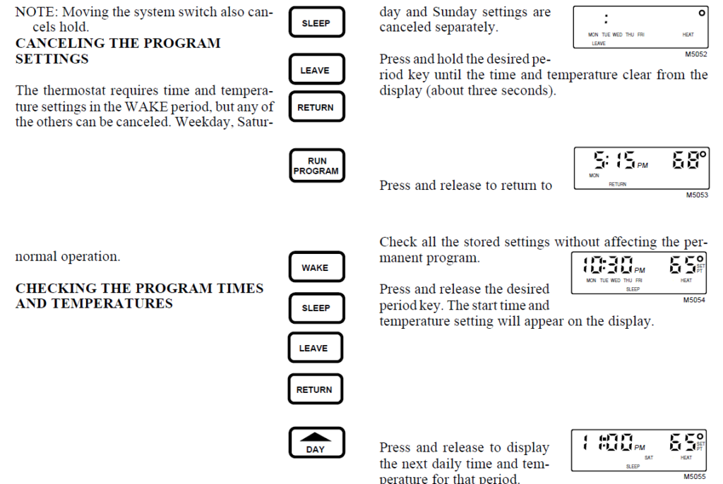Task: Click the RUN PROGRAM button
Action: point(316,166)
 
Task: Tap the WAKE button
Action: point(315,267)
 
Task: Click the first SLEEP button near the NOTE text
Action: point(316,23)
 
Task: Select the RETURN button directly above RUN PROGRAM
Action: point(315,108)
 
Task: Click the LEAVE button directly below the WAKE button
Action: point(313,349)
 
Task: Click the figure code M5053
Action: point(695,195)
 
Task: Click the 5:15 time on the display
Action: point(614,160)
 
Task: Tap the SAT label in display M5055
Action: point(649,457)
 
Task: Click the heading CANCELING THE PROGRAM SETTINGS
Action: point(118,51)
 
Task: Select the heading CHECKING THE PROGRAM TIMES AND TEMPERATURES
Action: point(139,296)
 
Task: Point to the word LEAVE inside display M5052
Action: point(598,43)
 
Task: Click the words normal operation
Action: point(67,257)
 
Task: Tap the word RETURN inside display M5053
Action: point(617,184)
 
